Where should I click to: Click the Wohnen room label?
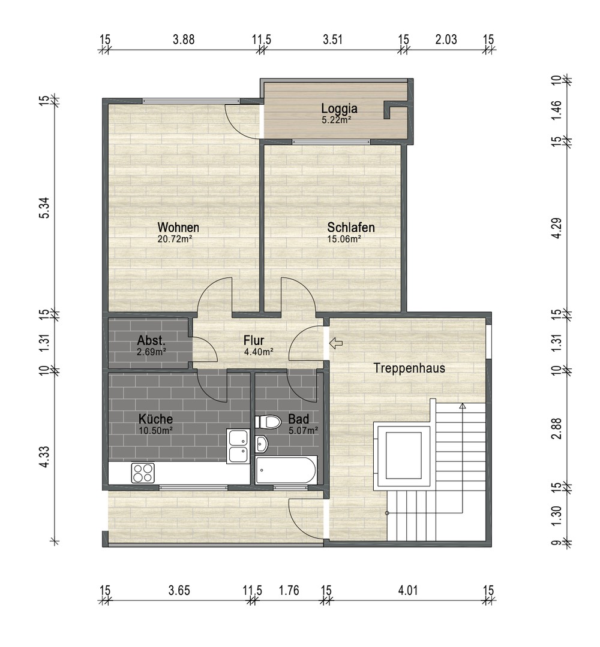pyautogui.click(x=178, y=228)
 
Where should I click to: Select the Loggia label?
pyautogui.click(x=339, y=108)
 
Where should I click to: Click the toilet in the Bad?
pyautogui.click(x=268, y=422)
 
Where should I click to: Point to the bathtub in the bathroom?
pyautogui.click(x=286, y=470)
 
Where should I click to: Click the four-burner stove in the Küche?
pyautogui.click(x=143, y=473)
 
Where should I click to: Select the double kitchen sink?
pyautogui.click(x=238, y=446)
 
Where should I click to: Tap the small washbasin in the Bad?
pyautogui.click(x=262, y=444)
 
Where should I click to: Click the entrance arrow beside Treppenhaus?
pyautogui.click(x=336, y=343)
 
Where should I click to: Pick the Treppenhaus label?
pyautogui.click(x=409, y=368)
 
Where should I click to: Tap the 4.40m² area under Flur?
pyautogui.click(x=259, y=352)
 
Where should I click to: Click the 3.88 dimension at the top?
pyautogui.click(x=184, y=40)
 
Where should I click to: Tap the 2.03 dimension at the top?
pyautogui.click(x=446, y=40)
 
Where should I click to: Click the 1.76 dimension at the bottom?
pyautogui.click(x=289, y=591)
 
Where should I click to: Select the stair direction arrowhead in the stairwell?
pyautogui.click(x=462, y=406)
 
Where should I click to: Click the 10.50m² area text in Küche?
pyautogui.click(x=155, y=430)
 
